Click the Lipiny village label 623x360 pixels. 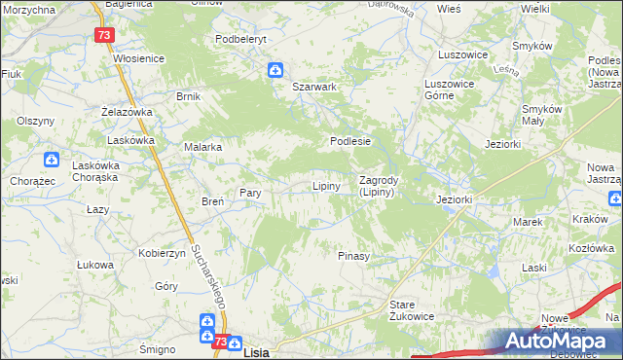(x=325, y=186)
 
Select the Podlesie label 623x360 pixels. (x=350, y=140)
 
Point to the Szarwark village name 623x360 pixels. (x=314, y=87)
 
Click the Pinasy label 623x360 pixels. (x=352, y=256)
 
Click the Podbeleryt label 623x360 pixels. (x=240, y=39)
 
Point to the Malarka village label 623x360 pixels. (x=203, y=147)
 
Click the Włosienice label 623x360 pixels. (x=139, y=58)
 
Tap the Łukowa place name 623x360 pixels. (x=94, y=264)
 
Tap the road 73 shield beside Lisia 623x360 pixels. (x=220, y=342)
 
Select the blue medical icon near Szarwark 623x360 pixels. (x=275, y=69)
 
